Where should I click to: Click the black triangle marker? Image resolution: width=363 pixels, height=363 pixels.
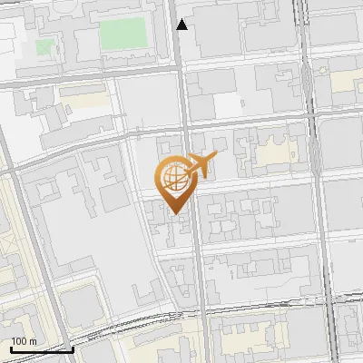click(x=182, y=25)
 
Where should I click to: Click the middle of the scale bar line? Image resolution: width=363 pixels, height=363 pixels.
click(x=42, y=348)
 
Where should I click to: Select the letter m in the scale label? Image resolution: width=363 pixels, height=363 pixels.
click(x=33, y=341)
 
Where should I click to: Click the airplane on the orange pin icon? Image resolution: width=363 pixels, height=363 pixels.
click(x=201, y=165)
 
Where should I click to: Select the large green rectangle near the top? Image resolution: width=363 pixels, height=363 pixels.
click(x=123, y=34)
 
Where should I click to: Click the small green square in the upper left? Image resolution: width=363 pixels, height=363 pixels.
click(x=44, y=45)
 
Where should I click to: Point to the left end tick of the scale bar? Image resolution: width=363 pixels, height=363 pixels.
click(x=11, y=348)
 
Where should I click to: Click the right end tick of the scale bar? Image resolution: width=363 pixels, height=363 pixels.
click(x=73, y=348)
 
